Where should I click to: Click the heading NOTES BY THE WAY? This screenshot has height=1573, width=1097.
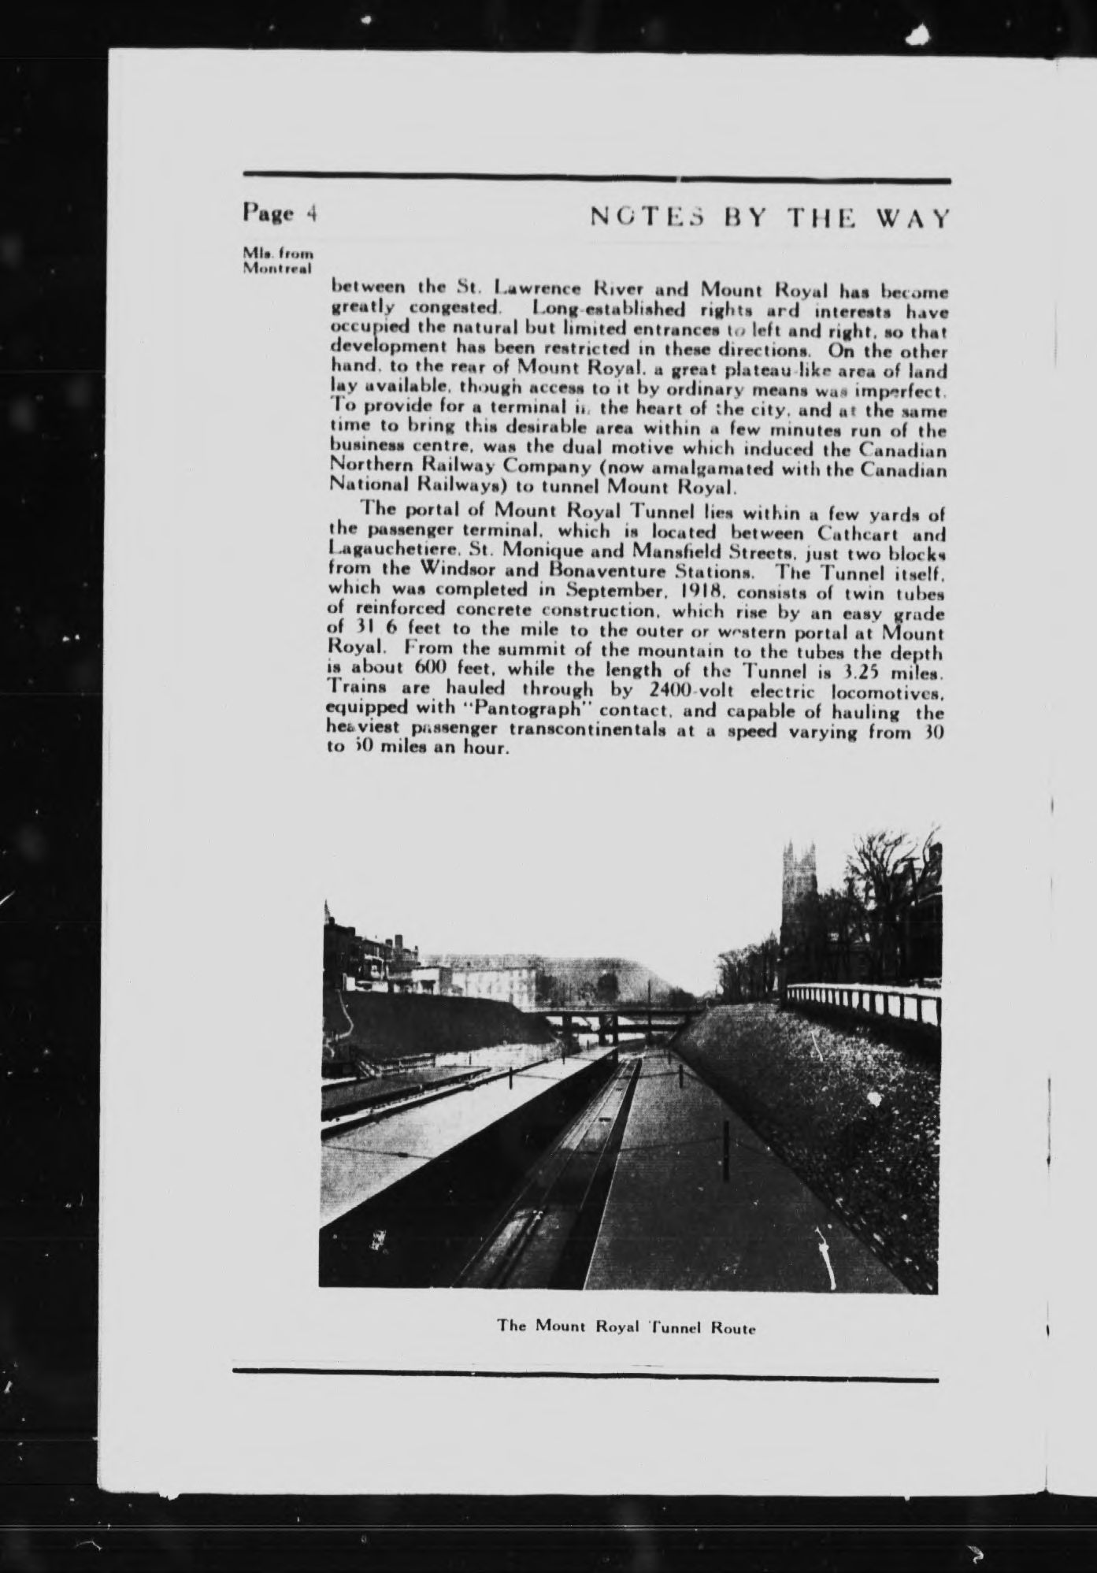point(769,217)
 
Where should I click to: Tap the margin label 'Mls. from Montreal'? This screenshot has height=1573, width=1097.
point(277,261)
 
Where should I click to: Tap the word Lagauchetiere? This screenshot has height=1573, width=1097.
point(382,551)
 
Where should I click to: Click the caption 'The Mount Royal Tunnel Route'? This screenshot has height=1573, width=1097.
point(626,1326)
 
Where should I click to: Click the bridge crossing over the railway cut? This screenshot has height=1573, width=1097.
point(614,1020)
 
